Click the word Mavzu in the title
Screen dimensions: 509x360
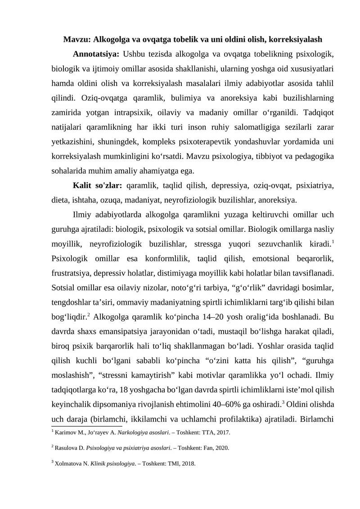tap(75, 40)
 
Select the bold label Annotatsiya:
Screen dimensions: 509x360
tap(95, 55)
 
